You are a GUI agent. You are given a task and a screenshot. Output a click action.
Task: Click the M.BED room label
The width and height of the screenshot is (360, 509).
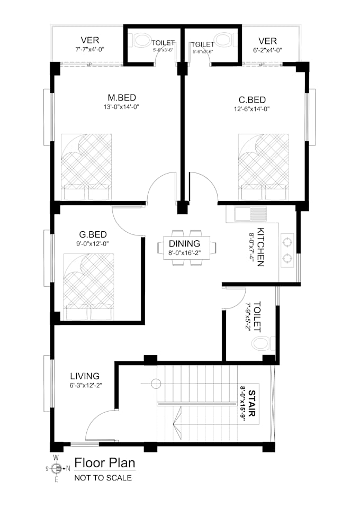coord(122,97)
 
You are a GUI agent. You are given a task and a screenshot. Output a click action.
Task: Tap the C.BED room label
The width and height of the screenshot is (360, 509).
coord(252,99)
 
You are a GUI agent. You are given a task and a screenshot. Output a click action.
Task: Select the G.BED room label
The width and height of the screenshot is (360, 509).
coord(93,234)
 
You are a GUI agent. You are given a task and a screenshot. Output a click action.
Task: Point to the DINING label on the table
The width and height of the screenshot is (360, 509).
coord(184,243)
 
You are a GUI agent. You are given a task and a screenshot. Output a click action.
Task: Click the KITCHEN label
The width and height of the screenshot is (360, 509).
coord(260,247)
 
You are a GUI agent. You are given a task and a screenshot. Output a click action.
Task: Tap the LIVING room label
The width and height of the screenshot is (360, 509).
coord(85,376)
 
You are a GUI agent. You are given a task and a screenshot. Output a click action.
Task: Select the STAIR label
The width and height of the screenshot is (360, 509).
coord(252,404)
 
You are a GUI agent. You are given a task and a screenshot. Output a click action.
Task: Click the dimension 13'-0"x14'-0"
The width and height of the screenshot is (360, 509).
coord(122,107)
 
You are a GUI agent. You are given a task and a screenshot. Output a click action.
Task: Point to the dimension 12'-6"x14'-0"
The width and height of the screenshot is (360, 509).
coord(252,109)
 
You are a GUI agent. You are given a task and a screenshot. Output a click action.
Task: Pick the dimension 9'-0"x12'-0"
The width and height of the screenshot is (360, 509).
coord(93,243)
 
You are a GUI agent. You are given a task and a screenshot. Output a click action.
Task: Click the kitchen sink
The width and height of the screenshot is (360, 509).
coord(250,214)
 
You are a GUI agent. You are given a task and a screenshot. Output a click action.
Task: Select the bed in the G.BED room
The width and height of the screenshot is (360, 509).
coord(89,287)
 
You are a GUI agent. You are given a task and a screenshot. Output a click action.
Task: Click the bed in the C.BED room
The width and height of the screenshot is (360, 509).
coord(263,167)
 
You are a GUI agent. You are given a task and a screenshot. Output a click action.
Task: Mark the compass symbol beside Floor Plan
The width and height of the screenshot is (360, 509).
coord(57,468)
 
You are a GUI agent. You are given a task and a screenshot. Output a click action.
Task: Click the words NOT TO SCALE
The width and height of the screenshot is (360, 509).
coord(103,478)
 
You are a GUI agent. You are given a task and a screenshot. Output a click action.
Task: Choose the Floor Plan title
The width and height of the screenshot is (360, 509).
coord(105,463)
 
